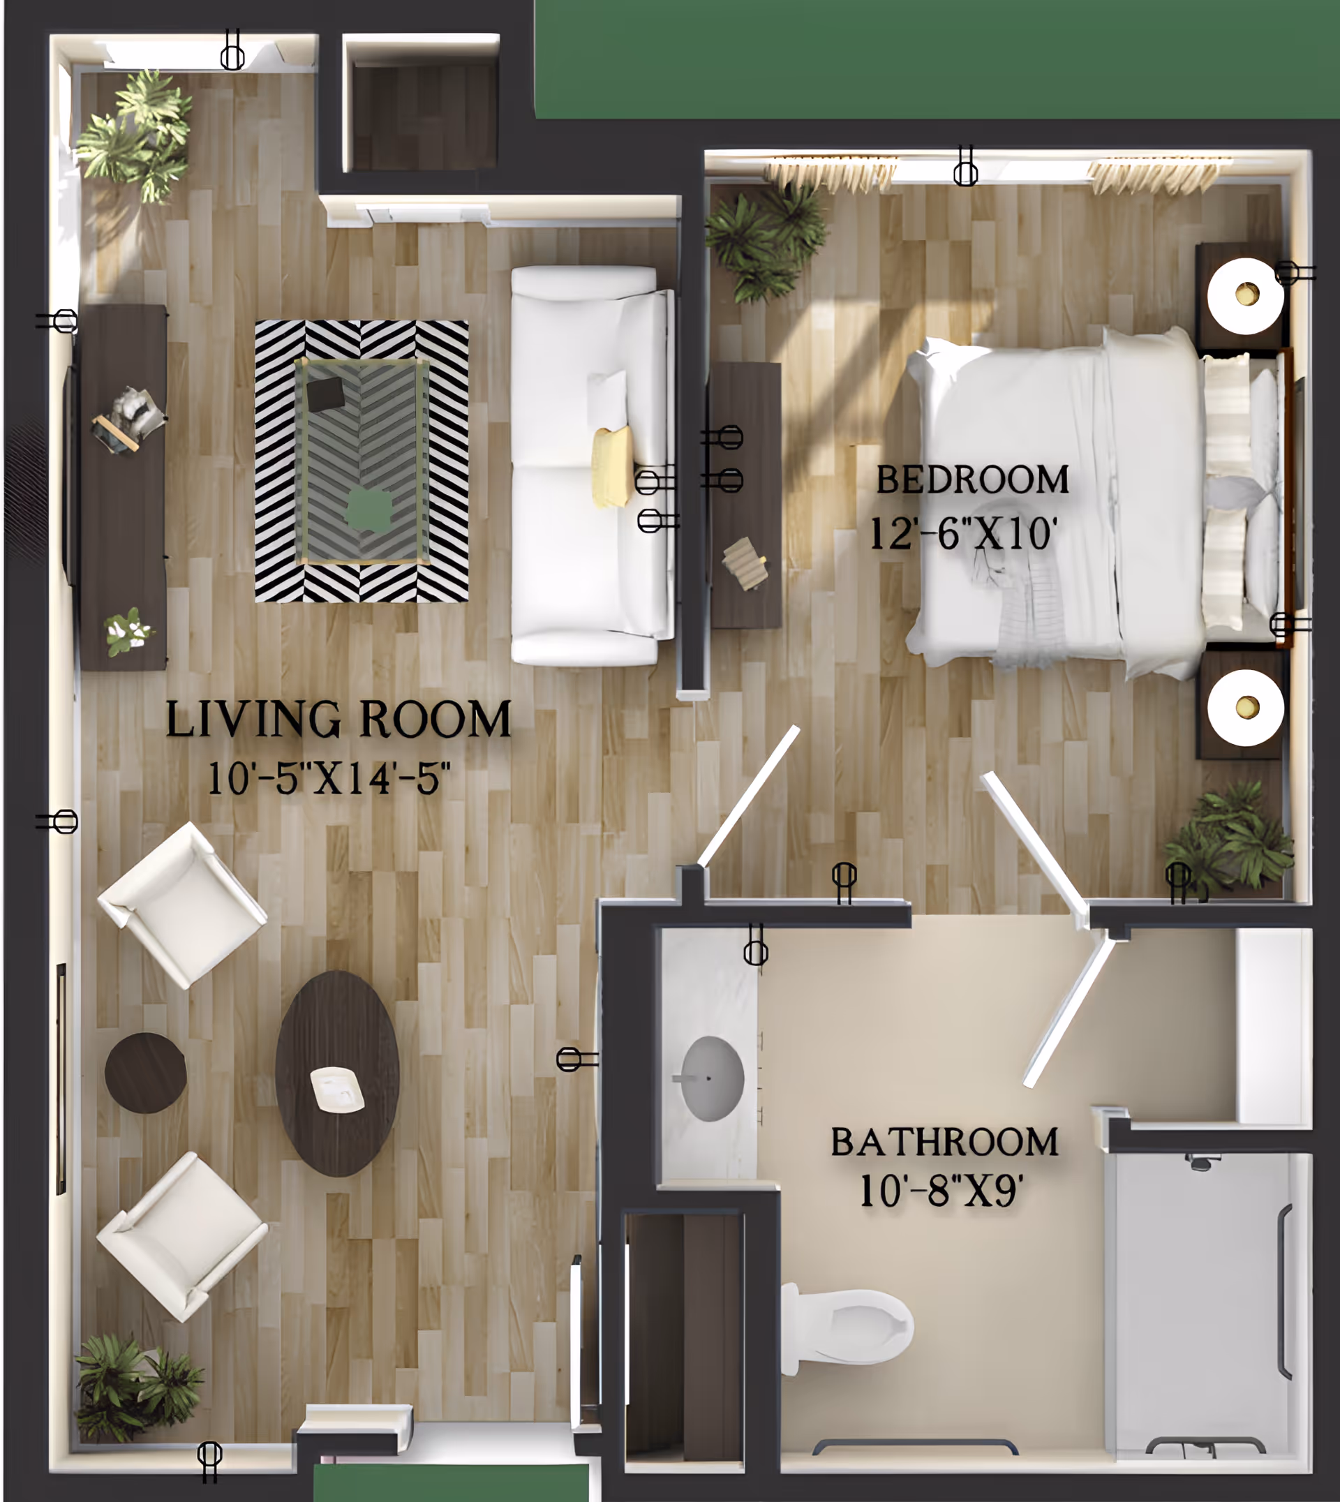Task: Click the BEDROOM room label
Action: pyautogui.click(x=972, y=480)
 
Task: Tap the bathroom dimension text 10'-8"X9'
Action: pyautogui.click(x=940, y=1191)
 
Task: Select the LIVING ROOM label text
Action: pyautogui.click(x=338, y=720)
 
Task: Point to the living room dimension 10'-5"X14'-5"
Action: pyautogui.click(x=329, y=778)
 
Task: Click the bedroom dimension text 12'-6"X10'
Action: pyautogui.click(x=963, y=533)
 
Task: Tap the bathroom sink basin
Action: pyautogui.click(x=712, y=1078)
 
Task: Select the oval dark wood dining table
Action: pyautogui.click(x=337, y=1073)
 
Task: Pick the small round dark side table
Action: pyautogui.click(x=145, y=1073)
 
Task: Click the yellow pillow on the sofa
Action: pyautogui.click(x=612, y=467)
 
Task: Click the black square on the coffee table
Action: pyautogui.click(x=325, y=394)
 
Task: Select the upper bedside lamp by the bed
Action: pyautogui.click(x=1245, y=295)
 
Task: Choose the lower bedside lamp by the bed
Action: pyautogui.click(x=1245, y=708)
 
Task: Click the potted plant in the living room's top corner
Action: pyautogui.click(x=136, y=136)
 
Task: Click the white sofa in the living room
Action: pyautogui.click(x=589, y=466)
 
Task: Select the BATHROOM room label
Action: pyautogui.click(x=944, y=1142)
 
